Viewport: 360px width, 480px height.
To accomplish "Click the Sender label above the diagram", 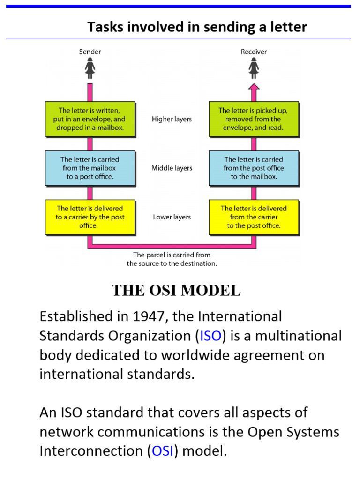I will (x=90, y=52).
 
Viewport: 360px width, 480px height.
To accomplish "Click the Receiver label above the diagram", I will (x=254, y=52).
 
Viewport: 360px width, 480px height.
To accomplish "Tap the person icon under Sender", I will (x=90, y=69).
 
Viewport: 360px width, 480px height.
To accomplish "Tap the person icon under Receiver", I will (x=254, y=69).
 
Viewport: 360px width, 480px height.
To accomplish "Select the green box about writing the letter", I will (x=90, y=119).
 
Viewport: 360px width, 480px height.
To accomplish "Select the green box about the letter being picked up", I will (x=253, y=119).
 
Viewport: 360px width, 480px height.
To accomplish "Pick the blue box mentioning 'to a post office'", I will (x=90, y=168).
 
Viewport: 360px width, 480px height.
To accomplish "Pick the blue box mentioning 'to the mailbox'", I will (x=253, y=168).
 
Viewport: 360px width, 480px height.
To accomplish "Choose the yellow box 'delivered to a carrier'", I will (x=90, y=217).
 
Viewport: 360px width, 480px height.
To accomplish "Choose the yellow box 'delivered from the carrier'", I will (x=253, y=217).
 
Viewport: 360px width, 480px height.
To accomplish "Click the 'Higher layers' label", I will (x=172, y=119).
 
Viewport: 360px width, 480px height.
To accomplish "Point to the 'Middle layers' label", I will (x=172, y=168).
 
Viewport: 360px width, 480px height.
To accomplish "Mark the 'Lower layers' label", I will (x=172, y=217).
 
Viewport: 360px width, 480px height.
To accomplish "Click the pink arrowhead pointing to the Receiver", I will (x=254, y=87).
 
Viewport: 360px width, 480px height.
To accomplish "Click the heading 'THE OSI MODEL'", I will (x=176, y=291).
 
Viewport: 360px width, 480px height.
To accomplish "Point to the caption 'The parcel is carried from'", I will (x=172, y=255).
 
